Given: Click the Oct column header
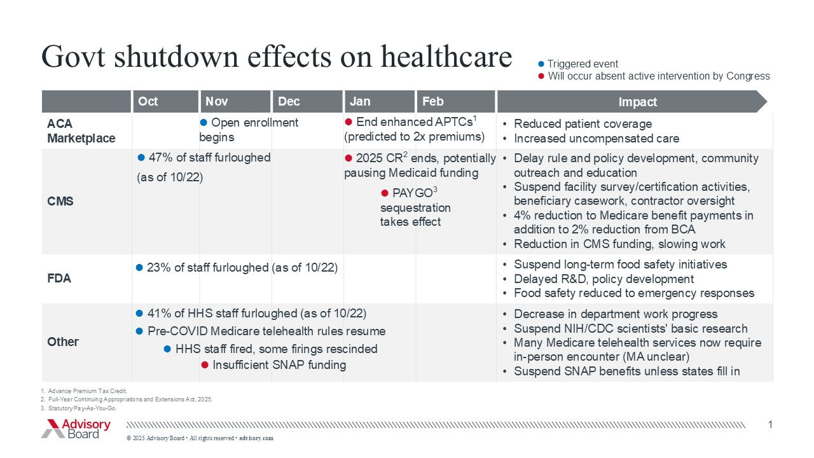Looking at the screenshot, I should coord(148,102).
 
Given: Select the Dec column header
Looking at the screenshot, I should coord(289,102).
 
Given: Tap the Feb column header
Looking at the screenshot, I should coord(433,102).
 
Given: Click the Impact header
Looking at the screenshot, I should coord(637,102).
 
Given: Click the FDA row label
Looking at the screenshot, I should coord(59,279).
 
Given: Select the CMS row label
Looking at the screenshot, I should coord(60,202).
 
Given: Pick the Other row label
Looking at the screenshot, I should coord(63,342).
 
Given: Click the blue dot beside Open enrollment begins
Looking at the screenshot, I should coord(204,122).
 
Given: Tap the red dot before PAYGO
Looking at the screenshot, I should coord(385,193).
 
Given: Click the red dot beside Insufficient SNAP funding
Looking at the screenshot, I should coord(205,365).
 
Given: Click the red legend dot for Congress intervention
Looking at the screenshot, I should coord(541,76).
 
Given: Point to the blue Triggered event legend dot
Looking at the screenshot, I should coord(541,64).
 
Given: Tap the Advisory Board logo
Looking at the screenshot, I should coord(76,428).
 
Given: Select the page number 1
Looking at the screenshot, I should coord(770,424).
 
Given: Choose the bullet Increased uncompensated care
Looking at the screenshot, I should coord(596,139).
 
